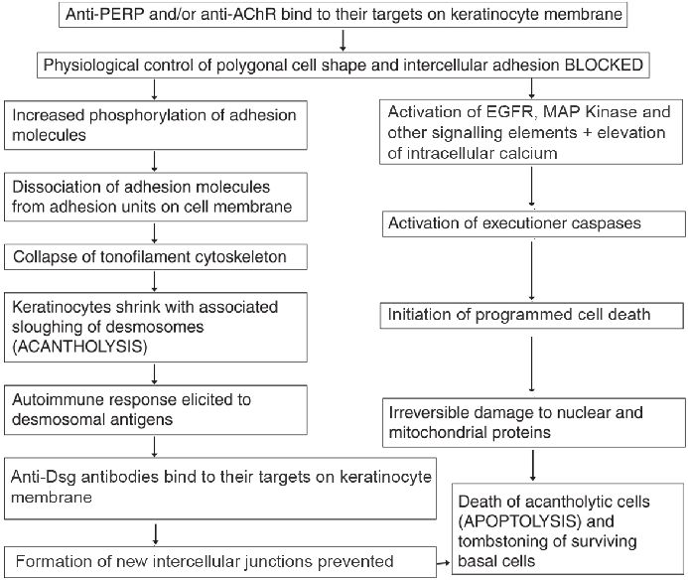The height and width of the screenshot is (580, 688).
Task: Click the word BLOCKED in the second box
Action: click(604, 65)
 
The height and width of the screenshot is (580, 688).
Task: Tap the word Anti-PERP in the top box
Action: click(104, 14)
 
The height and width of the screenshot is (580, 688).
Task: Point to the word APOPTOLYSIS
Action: click(520, 521)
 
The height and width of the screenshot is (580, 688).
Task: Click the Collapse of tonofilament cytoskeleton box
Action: click(155, 257)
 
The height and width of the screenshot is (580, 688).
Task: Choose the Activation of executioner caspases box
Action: click(533, 223)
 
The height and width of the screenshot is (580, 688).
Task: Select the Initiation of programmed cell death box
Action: click(531, 315)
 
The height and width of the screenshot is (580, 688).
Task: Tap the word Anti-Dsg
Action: click(44, 477)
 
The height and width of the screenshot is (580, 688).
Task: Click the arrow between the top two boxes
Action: click(344, 41)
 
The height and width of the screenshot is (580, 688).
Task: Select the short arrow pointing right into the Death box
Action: click(444, 562)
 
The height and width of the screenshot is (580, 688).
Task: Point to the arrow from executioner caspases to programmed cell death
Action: click(532, 270)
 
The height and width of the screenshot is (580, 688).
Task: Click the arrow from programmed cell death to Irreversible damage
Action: click(532, 363)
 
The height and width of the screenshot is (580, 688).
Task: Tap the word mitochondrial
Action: click(442, 432)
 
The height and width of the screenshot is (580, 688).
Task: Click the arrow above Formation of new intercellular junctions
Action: click(155, 534)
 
